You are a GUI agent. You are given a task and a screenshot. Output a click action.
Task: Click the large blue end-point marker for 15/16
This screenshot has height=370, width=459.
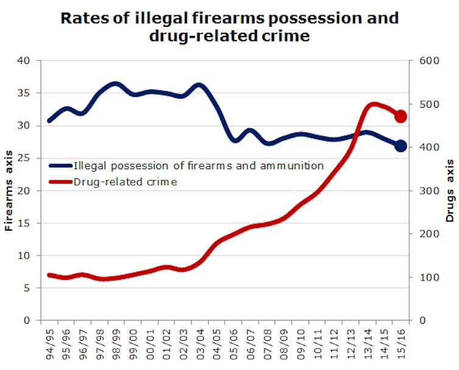[401, 146]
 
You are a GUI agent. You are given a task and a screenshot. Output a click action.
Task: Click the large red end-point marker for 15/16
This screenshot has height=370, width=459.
[401, 116]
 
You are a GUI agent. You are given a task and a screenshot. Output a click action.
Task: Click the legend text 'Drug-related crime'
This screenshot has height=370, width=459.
[125, 181]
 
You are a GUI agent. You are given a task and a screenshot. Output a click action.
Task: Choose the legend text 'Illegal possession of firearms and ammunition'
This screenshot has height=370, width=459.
[198, 165]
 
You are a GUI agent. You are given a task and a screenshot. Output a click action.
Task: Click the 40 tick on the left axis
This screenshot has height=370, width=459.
[24, 61]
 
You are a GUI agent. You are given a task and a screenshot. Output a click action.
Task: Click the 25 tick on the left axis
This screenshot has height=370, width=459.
[24, 158]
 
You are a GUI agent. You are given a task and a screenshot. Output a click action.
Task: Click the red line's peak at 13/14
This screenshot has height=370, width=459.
[373, 105]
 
